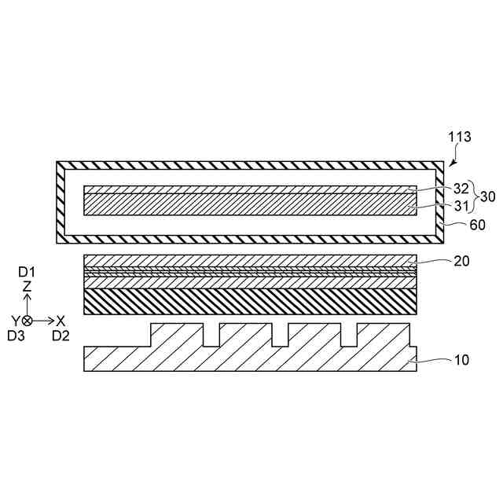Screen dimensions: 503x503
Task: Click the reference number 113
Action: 460,137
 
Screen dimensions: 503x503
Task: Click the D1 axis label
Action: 27,271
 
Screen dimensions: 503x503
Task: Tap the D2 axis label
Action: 61,336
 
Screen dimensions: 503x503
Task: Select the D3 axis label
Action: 16,336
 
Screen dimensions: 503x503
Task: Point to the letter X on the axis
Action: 61,321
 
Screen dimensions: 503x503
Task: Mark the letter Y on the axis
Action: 14,321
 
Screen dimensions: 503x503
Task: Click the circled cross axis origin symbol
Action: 27,321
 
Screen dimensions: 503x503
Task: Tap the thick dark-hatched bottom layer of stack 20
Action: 249,301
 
